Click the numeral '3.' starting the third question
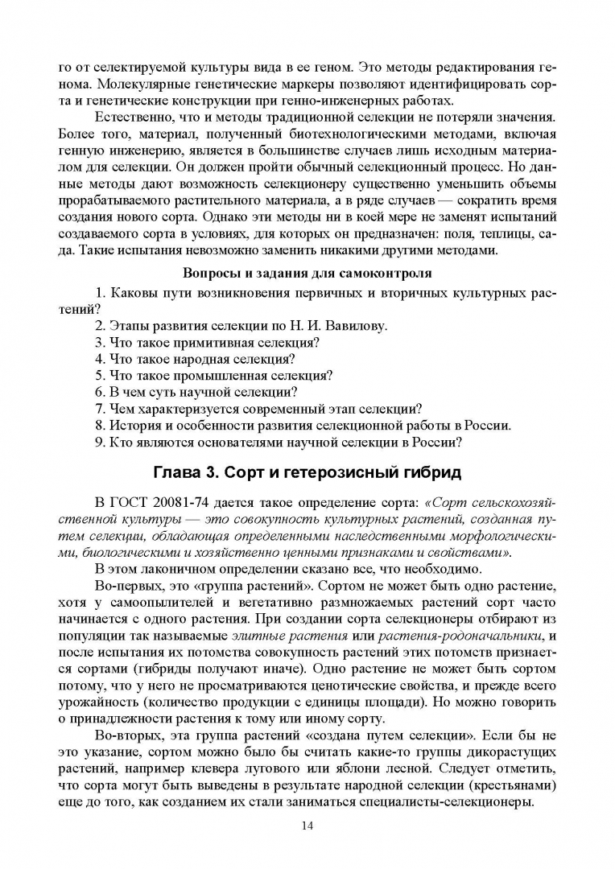100,342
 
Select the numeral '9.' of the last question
100,442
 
